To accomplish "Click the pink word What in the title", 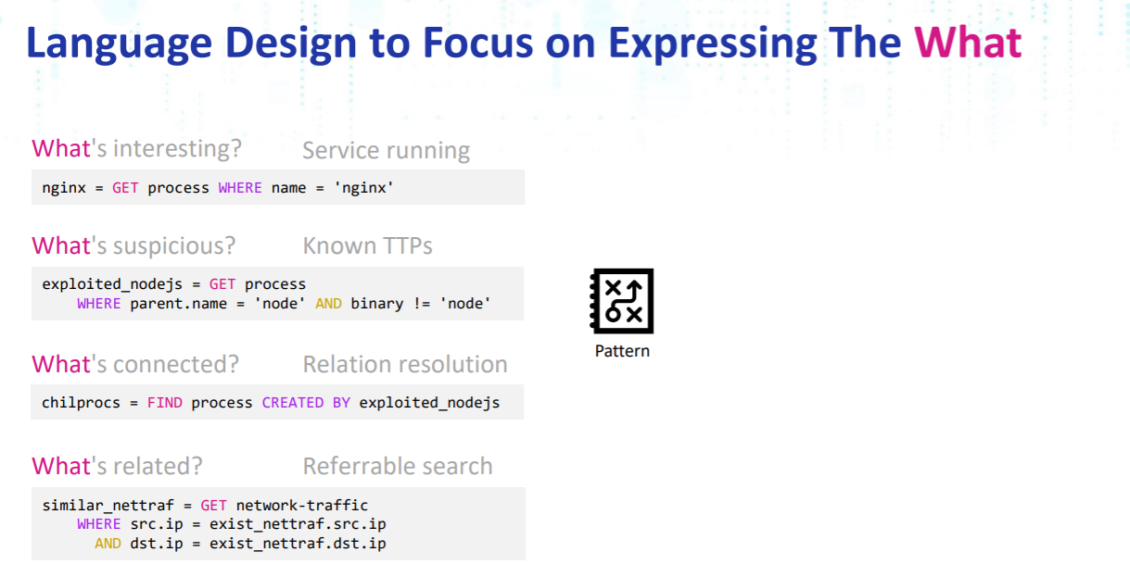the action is point(968,43).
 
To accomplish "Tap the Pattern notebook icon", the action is point(621,301).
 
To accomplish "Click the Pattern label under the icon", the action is point(622,351).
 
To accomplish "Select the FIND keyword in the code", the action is point(164,403).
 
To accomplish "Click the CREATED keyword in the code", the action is point(293,403).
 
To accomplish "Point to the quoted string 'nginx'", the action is point(363,188).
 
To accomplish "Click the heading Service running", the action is point(386,150).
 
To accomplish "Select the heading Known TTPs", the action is point(367,246).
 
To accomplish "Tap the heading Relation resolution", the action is point(405,364).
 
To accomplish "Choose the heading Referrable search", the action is point(398,466).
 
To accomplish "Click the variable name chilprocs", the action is point(81,403).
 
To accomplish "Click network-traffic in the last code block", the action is point(301,506).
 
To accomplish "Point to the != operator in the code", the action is point(421,304).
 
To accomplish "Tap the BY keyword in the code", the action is point(341,403).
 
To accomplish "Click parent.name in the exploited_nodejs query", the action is point(179,304).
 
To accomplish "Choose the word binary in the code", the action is point(377,304).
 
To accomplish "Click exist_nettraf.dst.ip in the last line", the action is point(298,544).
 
